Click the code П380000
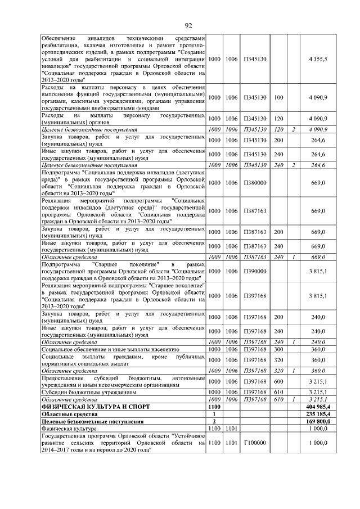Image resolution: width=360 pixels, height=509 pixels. pos(255,183)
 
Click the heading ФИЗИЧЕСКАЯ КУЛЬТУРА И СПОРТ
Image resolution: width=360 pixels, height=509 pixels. pos(93,406)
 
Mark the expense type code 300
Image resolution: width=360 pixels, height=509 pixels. pos(278,349)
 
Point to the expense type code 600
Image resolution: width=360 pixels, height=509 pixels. pos(278,381)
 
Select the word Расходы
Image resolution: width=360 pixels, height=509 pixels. pos(55,87)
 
